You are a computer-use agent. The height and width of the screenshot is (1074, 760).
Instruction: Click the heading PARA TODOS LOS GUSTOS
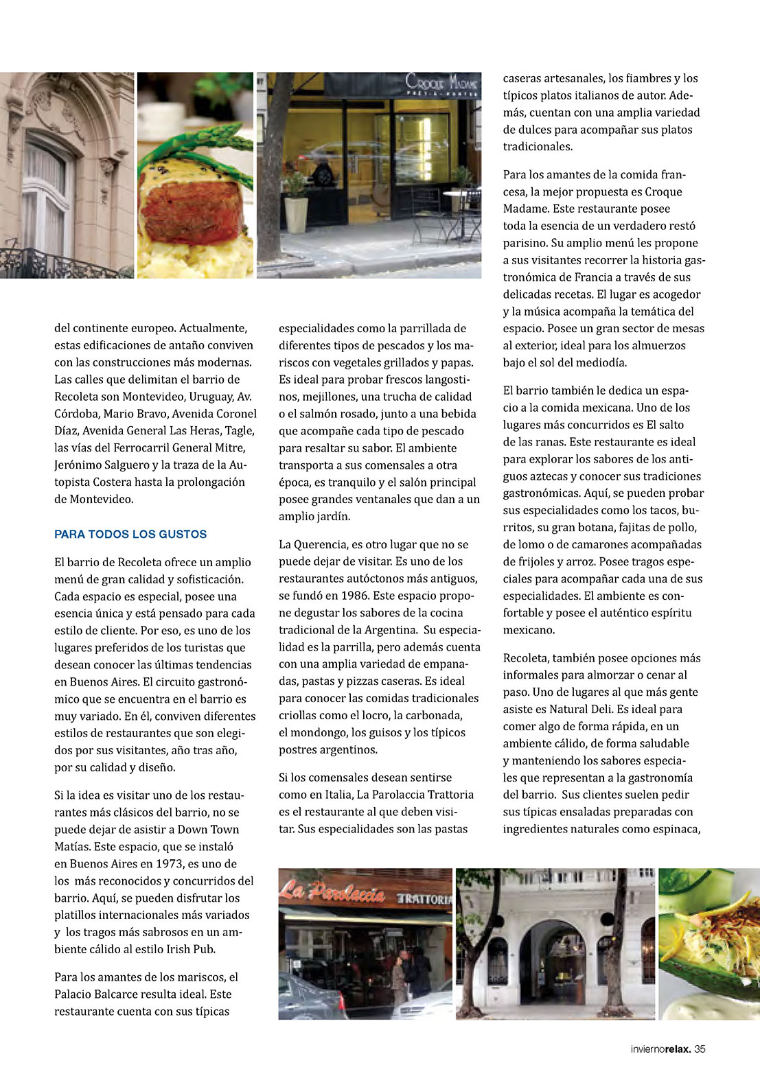[130, 534]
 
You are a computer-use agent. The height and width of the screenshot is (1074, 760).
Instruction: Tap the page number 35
[700, 1049]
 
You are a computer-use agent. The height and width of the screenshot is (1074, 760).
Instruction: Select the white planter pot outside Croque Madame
[296, 214]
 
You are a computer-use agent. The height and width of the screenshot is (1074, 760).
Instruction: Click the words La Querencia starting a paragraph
[313, 544]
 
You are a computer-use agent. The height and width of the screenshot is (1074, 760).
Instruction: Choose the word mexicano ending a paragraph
[529, 629]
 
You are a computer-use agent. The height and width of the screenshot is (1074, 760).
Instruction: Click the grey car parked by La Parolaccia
[309, 995]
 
